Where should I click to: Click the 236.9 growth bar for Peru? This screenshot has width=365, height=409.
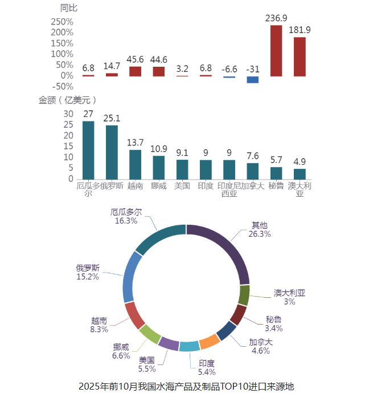pos(276,51)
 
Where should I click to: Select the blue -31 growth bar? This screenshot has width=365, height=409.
pos(252,79)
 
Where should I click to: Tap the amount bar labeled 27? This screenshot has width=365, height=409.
pos(88,150)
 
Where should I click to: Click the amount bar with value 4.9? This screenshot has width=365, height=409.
pos(300,173)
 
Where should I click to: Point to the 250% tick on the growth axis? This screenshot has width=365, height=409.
pos(62,22)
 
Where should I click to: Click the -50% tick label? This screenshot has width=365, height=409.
pos(62,86)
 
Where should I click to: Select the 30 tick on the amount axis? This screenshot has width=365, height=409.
pos(68,114)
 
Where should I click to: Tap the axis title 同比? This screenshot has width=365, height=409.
pos(69,8)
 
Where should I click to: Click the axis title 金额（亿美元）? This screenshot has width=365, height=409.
pos(67,100)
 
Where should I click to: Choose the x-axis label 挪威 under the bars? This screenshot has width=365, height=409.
pos(158,186)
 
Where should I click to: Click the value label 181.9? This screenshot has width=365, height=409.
pos(300,30)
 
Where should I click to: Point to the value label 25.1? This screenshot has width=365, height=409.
pos(112,119)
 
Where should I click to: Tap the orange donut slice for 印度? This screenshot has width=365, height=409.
pos(209,341)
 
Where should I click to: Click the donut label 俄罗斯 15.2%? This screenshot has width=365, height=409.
pos(88,272)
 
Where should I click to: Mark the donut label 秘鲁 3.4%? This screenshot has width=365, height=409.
pos(274,323)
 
